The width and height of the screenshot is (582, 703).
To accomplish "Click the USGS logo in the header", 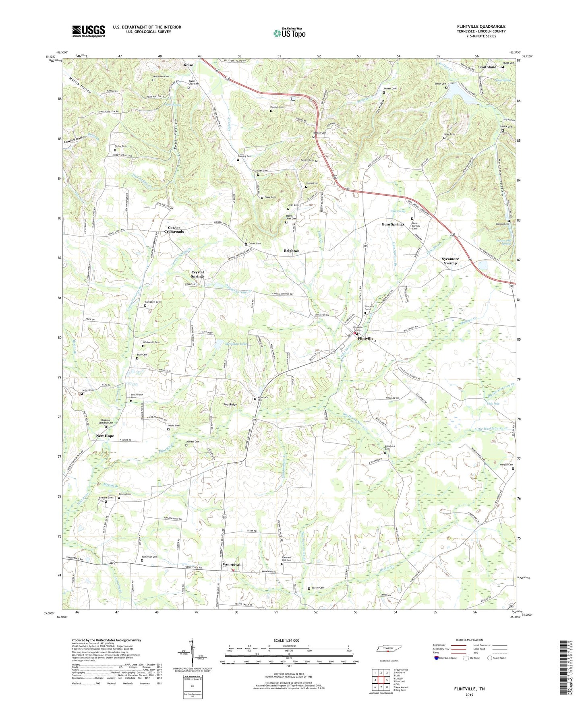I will (x=88, y=31).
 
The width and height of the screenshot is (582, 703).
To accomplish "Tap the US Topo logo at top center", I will (x=289, y=33).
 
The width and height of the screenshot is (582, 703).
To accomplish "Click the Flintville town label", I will (x=366, y=339).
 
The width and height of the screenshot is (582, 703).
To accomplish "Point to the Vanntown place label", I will (x=231, y=564).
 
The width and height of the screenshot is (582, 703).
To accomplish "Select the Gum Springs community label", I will (x=393, y=224).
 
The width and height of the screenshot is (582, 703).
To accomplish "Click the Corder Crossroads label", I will (x=174, y=230).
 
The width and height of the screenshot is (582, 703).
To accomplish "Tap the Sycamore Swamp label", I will (x=450, y=261).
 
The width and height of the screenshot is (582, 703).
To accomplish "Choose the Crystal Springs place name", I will (x=197, y=274).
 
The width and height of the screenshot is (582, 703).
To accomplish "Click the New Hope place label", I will (x=105, y=436).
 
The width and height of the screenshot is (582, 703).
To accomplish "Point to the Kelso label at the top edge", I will (x=188, y=65).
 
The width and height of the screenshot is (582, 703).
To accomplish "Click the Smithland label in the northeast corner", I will (x=487, y=67).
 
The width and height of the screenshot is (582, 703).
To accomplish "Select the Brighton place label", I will (x=292, y=250).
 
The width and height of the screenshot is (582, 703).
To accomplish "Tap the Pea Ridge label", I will (x=230, y=404).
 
